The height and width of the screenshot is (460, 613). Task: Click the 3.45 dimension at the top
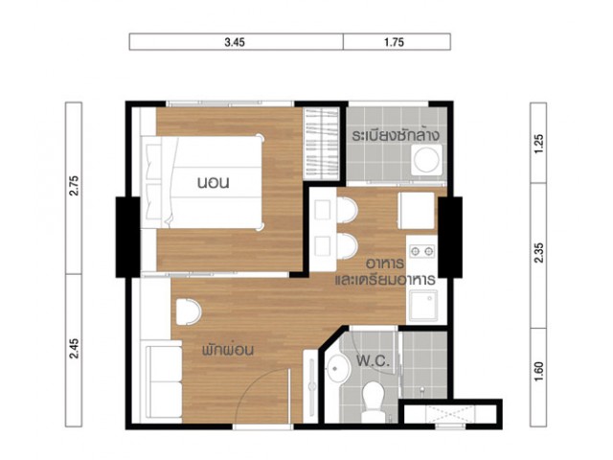pos(235,42)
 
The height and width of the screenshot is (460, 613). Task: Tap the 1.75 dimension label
pos(394,42)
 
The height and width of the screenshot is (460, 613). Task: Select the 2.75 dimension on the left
pos(74,186)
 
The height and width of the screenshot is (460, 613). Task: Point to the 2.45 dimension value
pos(74,349)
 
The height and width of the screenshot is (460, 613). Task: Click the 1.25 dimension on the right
pos(538,144)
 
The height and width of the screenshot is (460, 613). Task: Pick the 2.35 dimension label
pos(538,253)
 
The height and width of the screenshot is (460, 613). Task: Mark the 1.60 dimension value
pos(538,372)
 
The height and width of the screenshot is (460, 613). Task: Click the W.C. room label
pos(373,360)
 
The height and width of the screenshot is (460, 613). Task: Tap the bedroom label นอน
pos(213,183)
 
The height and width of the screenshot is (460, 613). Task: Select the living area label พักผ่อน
pos(228,349)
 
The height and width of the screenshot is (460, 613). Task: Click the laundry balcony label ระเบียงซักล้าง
pos(396,135)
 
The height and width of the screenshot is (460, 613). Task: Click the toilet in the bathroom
pos(372,402)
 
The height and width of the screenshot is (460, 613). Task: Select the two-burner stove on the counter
pos(421,251)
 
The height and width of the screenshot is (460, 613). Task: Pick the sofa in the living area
pos(163,381)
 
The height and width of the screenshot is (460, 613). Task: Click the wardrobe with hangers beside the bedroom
pos(322,144)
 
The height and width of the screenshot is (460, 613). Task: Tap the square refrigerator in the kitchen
pos(416,211)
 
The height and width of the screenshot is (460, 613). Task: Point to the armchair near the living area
pos(188,311)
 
